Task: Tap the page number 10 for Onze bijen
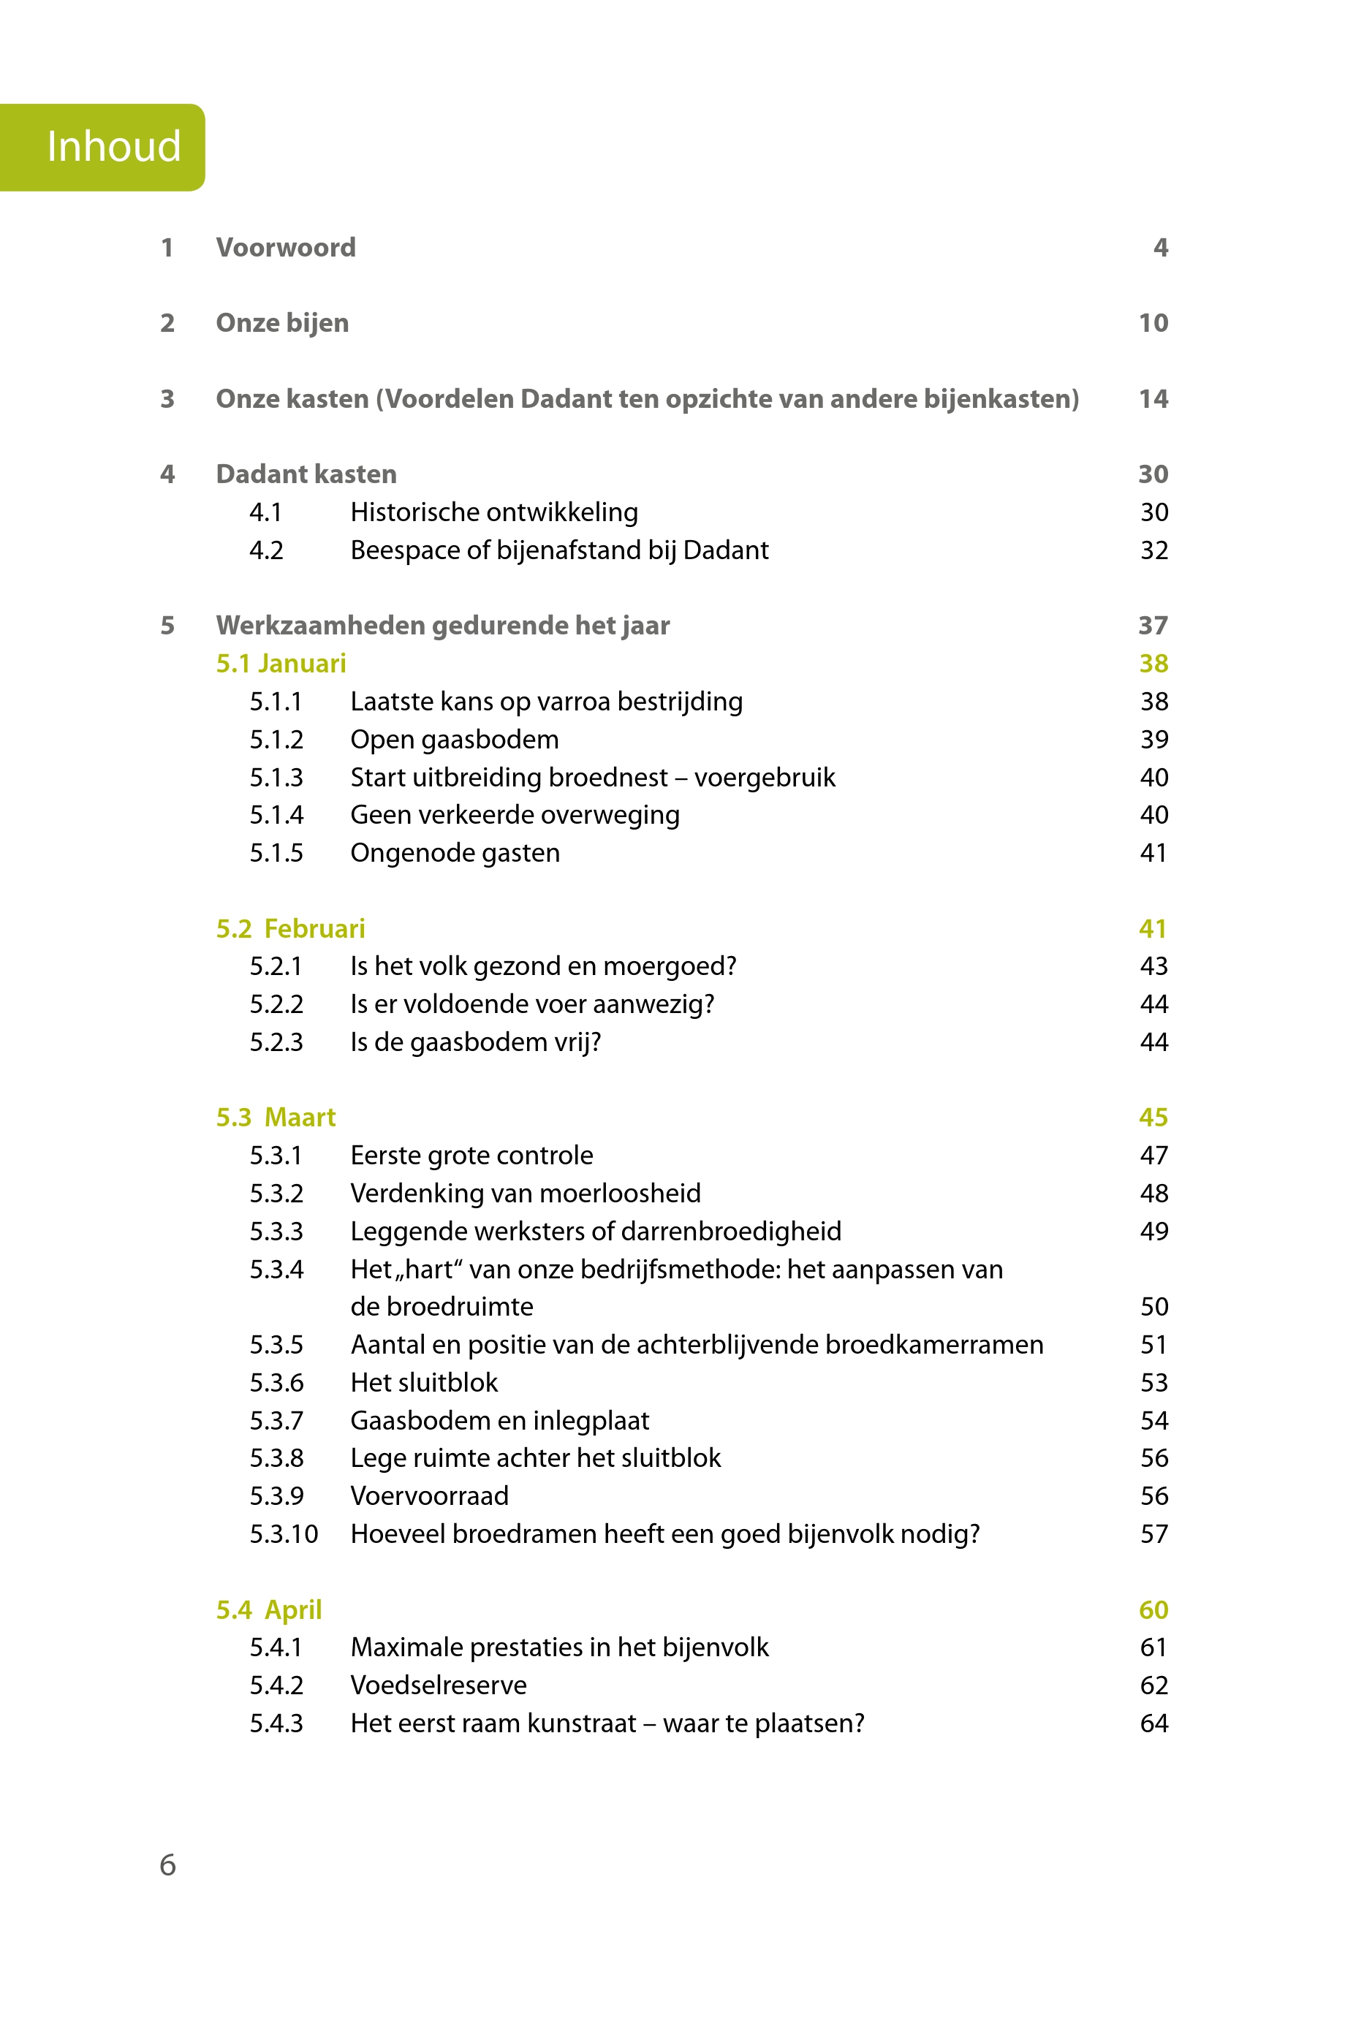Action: [x=1153, y=324]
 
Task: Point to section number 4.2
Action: [x=266, y=550]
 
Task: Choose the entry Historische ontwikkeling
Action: [x=493, y=512]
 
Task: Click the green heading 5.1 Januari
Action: [x=281, y=664]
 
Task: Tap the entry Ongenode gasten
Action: [x=455, y=853]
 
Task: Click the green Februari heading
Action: [x=314, y=929]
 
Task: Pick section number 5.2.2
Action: [x=276, y=1004]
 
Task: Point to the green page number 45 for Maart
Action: [x=1153, y=1118]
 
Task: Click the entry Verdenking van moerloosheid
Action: [x=526, y=1194]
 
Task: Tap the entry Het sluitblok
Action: [x=424, y=1383]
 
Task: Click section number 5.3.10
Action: [x=284, y=1534]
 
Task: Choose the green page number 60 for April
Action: [x=1153, y=1609]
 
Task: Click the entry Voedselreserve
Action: [x=439, y=1685]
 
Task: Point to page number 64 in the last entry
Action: [x=1153, y=1723]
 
